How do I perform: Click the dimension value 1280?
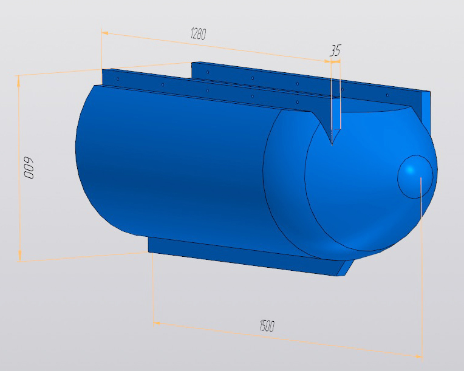pyautogui.click(x=198, y=33)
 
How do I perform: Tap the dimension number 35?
pyautogui.click(x=335, y=50)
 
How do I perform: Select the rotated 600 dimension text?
pyautogui.click(x=29, y=168)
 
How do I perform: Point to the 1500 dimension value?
pyautogui.click(x=267, y=325)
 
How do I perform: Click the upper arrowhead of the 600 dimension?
pyautogui.click(x=19, y=80)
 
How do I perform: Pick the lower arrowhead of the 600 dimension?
pyautogui.click(x=19, y=256)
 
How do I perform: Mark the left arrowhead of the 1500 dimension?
pyautogui.click(x=157, y=323)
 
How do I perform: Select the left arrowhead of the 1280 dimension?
pyautogui.click(x=105, y=33)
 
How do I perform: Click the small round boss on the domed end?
pyautogui.click(x=415, y=177)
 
